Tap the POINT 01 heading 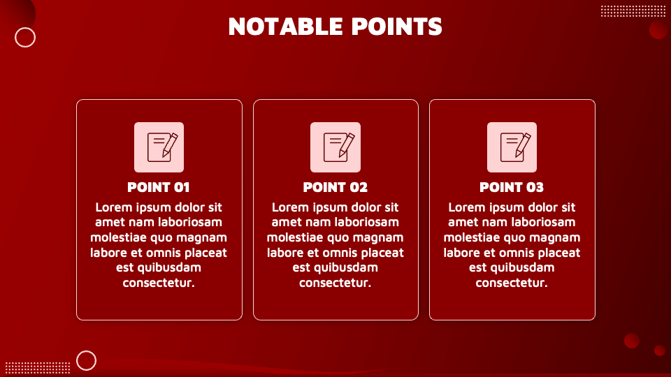(159, 187)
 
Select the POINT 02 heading (335, 187)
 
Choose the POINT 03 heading (512, 187)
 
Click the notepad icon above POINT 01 (159, 147)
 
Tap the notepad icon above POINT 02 (335, 147)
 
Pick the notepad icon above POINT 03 (512, 147)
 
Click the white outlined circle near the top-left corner (25, 37)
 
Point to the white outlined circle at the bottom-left (86, 360)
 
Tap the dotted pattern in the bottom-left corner (38, 367)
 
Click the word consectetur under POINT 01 (159, 283)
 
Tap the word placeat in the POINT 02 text (382, 253)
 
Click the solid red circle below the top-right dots (658, 29)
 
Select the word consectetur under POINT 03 (512, 283)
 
